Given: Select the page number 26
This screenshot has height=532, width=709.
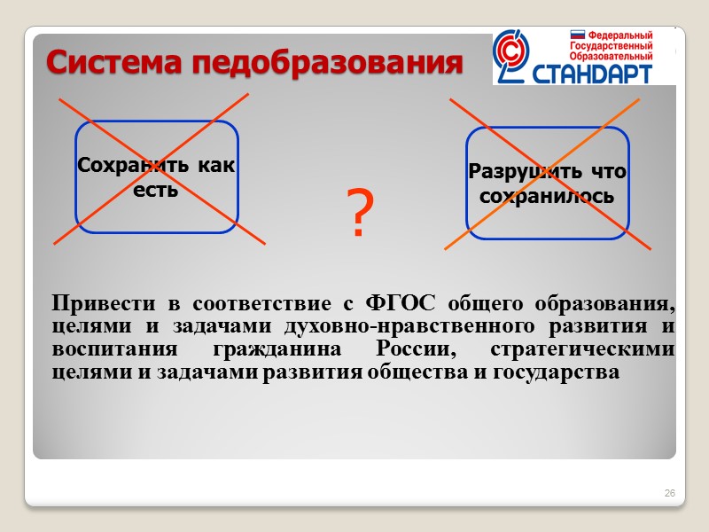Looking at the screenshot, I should [x=670, y=493].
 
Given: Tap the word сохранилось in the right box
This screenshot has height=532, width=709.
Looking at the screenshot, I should [x=546, y=195].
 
